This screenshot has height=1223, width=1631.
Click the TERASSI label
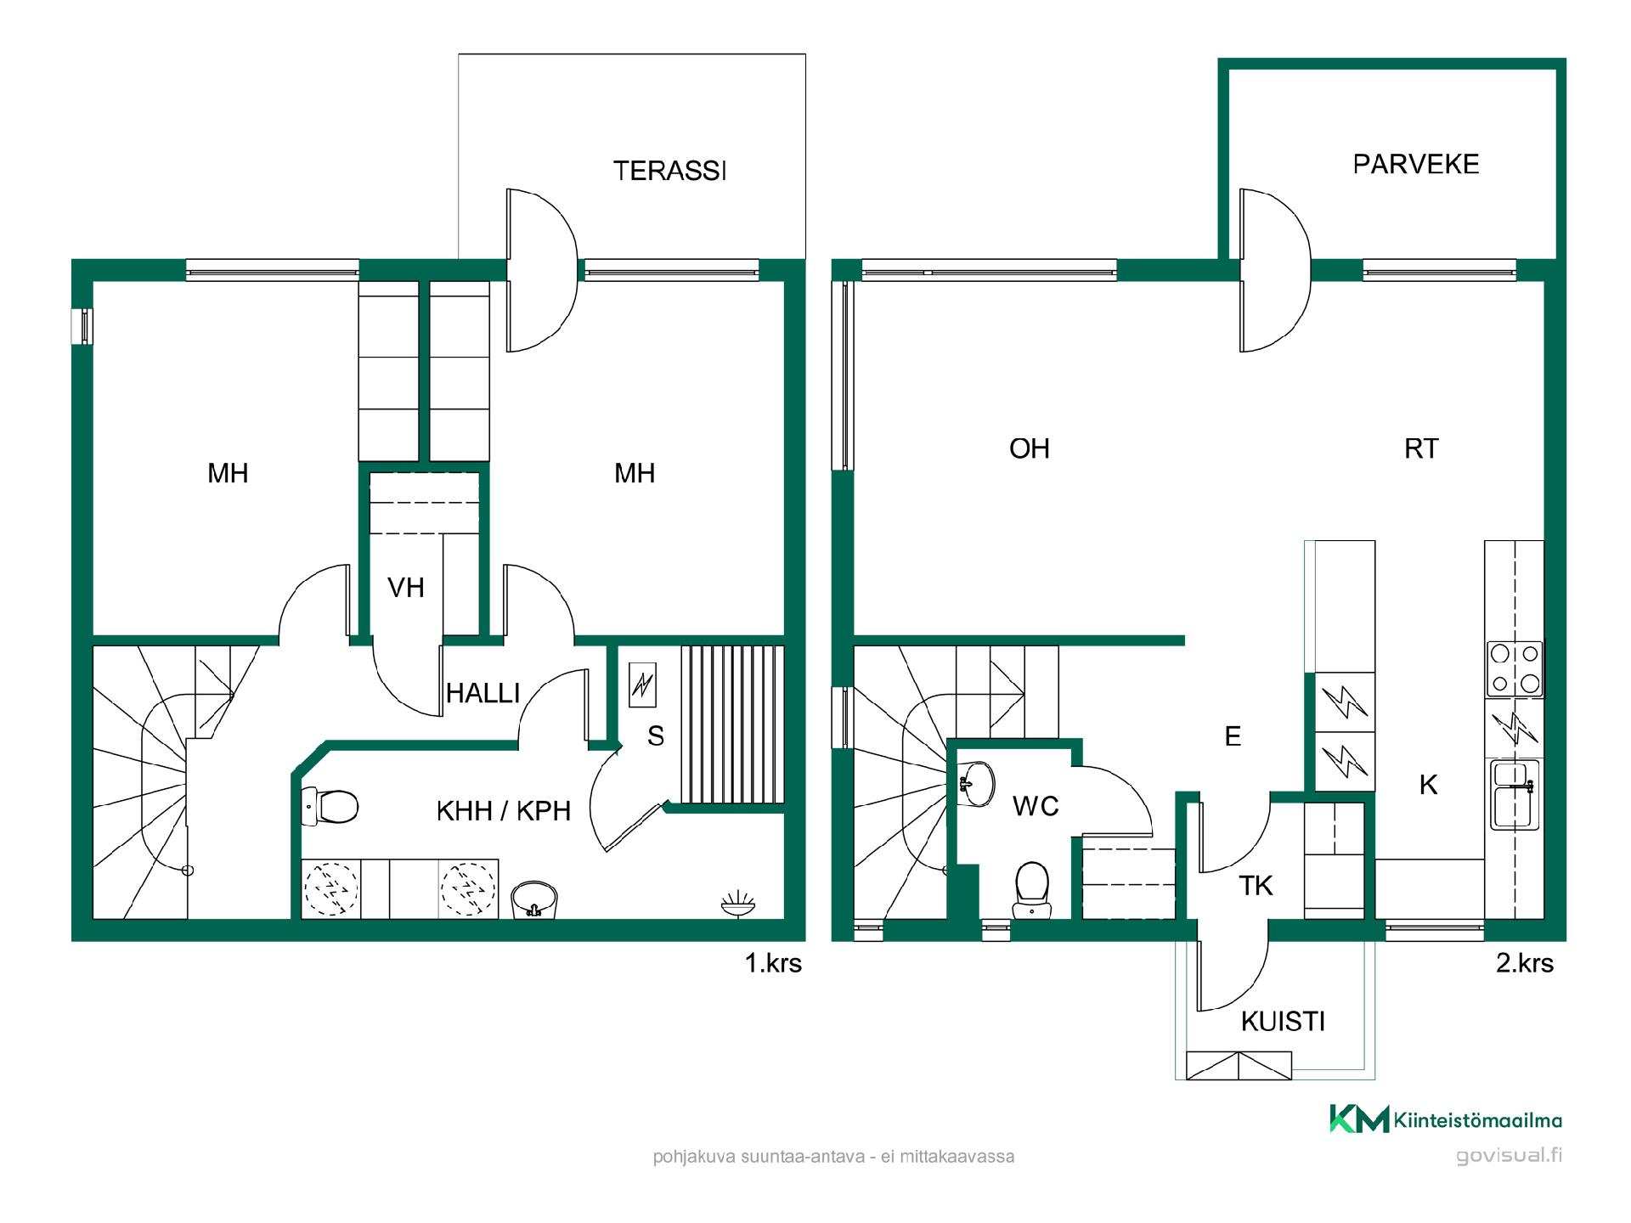[669, 171]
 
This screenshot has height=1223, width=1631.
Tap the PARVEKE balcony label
[1416, 164]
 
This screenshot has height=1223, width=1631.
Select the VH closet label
[405, 587]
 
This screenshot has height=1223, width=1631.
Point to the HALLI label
[483, 693]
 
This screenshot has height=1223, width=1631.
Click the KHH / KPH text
[503, 811]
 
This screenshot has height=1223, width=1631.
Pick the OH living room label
[1030, 448]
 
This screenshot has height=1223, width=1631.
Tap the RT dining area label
[1421, 448]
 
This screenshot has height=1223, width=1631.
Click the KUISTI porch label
[1283, 1021]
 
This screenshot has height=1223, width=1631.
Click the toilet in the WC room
[1031, 891]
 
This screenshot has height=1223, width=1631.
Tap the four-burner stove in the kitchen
[1515, 668]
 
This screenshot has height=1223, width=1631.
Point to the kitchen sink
[1515, 795]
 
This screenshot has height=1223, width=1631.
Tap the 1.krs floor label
[773, 963]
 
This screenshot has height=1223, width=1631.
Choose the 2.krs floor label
[1525, 963]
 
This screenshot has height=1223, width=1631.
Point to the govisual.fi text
[1509, 1155]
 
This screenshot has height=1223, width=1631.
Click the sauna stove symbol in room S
[642, 685]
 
